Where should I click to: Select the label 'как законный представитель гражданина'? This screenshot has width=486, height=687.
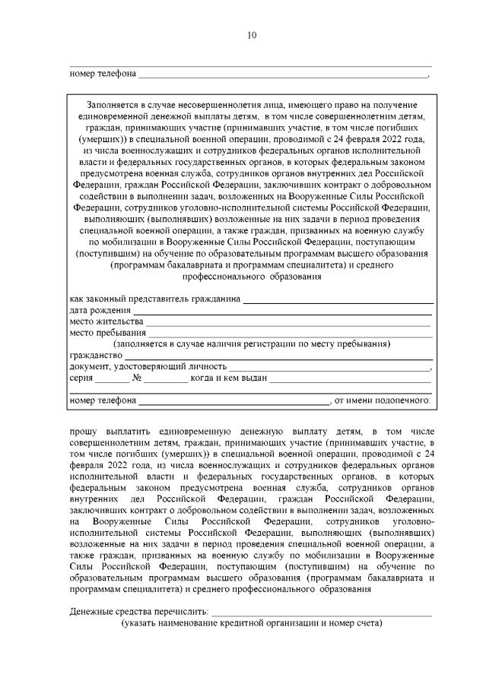pyautogui.click(x=155, y=299)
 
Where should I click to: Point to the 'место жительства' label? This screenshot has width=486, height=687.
pyautogui.click(x=106, y=321)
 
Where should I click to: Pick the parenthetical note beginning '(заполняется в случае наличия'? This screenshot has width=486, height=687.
pyautogui.click(x=251, y=343)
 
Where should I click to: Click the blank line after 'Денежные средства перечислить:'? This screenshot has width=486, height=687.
pyautogui.click(x=322, y=613)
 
